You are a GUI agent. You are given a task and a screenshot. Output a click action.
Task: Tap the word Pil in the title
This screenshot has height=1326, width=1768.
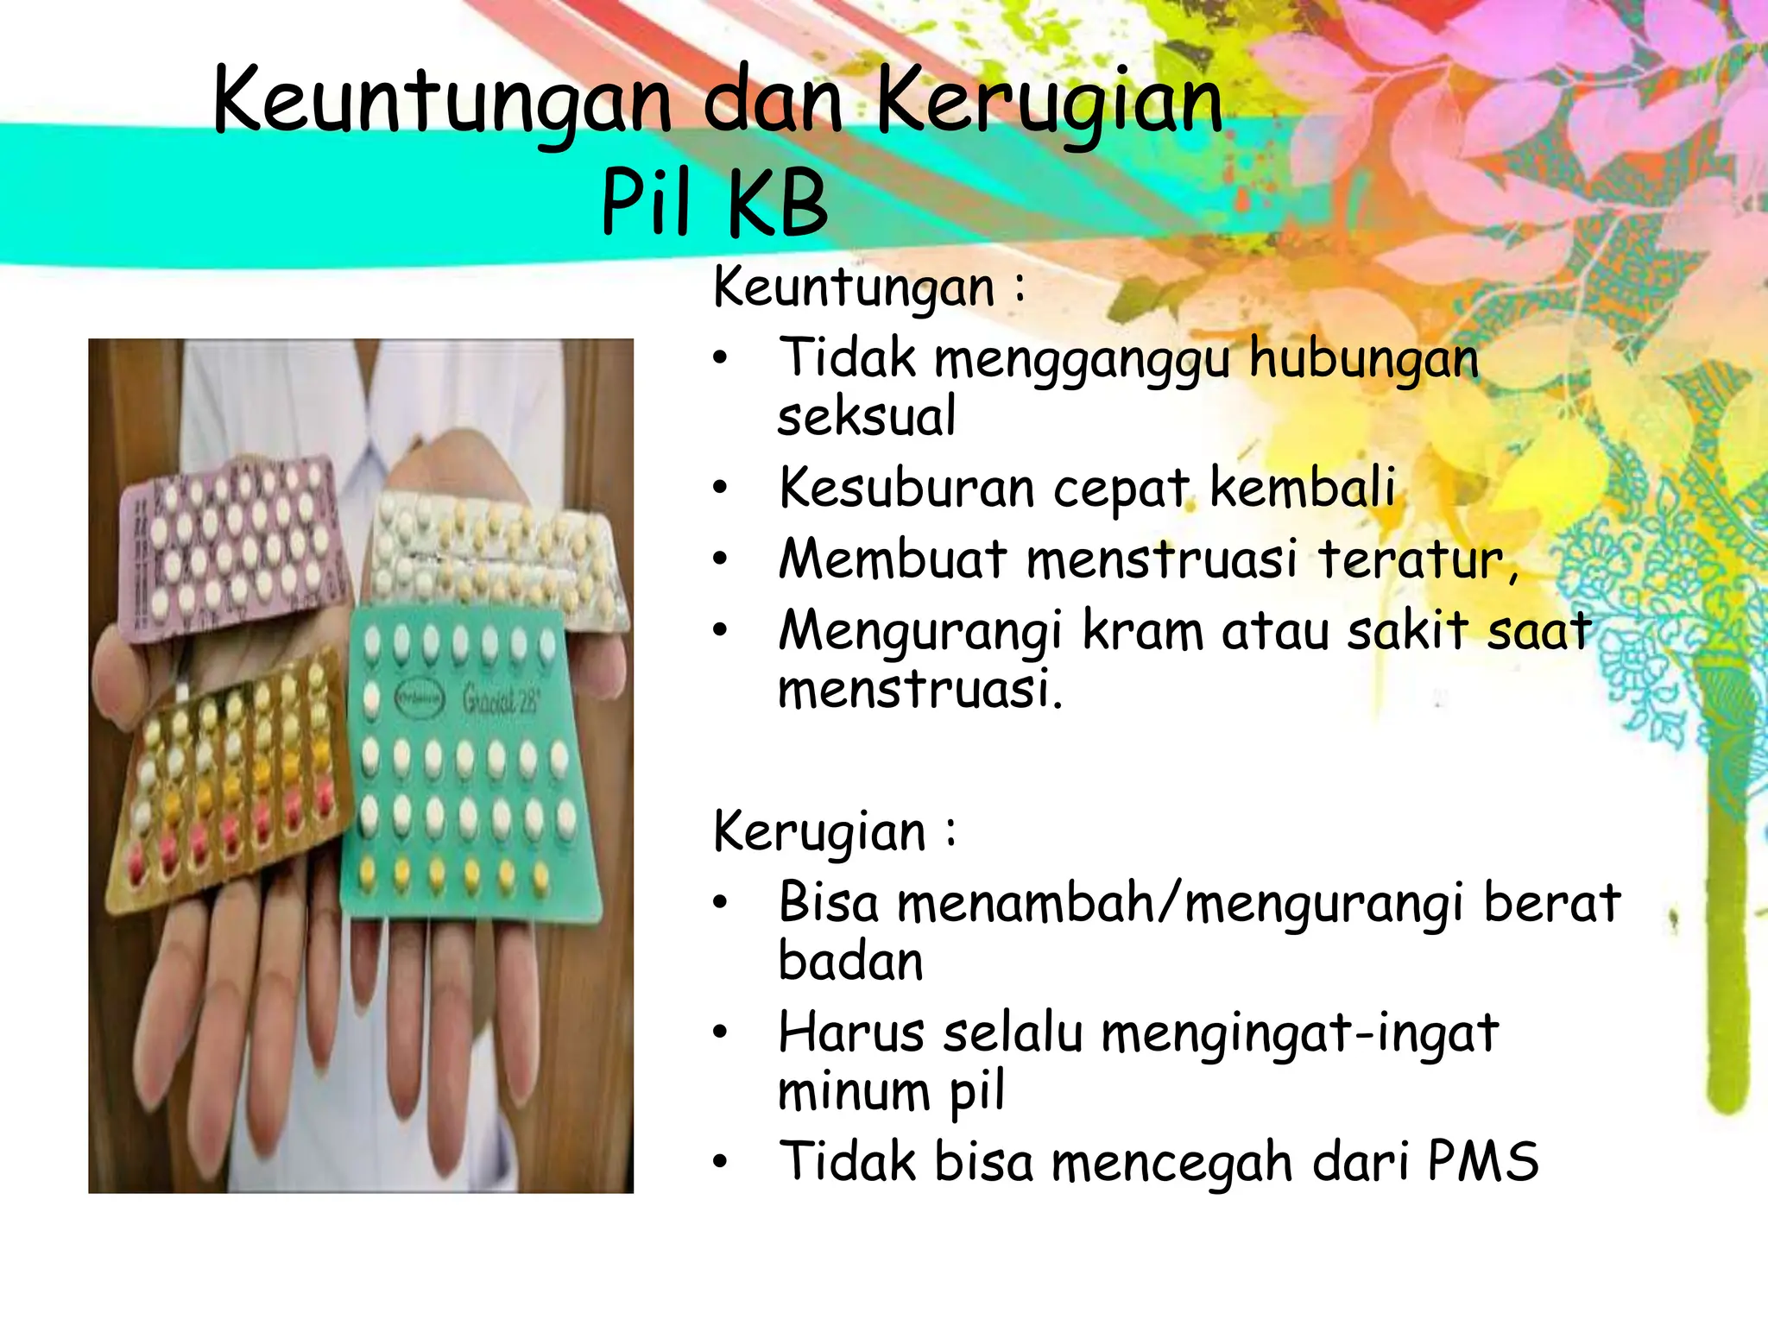click(x=647, y=203)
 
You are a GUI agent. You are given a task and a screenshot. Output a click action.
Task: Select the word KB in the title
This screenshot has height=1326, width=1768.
click(x=777, y=203)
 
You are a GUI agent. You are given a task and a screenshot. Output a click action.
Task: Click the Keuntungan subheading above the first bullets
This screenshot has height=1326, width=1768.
click(x=854, y=287)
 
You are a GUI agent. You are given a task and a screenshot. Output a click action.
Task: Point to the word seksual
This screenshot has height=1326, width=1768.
click(x=867, y=417)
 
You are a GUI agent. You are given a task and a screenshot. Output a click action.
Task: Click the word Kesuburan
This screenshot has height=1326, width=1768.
click(x=906, y=488)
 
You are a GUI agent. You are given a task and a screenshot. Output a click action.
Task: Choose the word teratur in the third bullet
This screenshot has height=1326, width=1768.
click(x=1416, y=559)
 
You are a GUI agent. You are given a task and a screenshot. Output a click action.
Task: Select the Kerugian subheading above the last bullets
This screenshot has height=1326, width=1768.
click(x=819, y=832)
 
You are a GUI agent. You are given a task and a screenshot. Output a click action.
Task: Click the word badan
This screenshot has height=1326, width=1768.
click(x=851, y=962)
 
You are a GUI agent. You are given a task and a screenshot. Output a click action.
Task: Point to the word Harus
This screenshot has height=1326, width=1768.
click(x=850, y=1032)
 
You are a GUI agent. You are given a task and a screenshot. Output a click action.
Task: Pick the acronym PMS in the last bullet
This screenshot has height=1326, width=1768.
click(x=1482, y=1162)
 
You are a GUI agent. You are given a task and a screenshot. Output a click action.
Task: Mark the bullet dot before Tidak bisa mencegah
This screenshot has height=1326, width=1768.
click(x=721, y=1162)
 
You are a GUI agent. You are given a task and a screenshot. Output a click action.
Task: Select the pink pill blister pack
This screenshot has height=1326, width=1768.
click(x=229, y=552)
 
